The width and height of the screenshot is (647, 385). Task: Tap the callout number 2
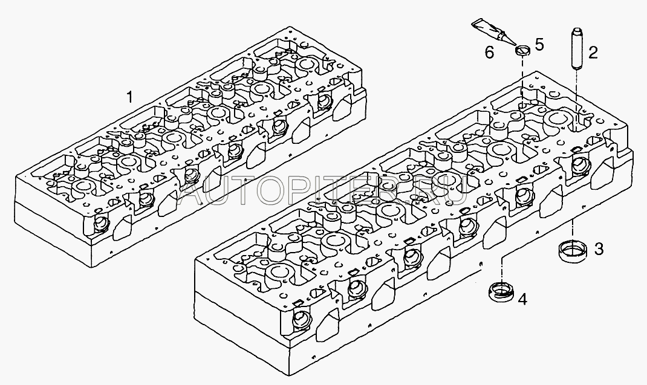(593, 53)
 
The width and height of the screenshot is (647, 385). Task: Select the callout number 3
(598, 248)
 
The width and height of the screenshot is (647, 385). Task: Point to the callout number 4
(522, 298)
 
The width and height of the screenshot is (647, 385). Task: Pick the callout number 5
(539, 44)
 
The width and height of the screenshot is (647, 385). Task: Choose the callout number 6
(489, 53)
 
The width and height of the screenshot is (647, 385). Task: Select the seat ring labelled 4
(501, 293)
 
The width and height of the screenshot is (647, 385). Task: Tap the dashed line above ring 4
(502, 269)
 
